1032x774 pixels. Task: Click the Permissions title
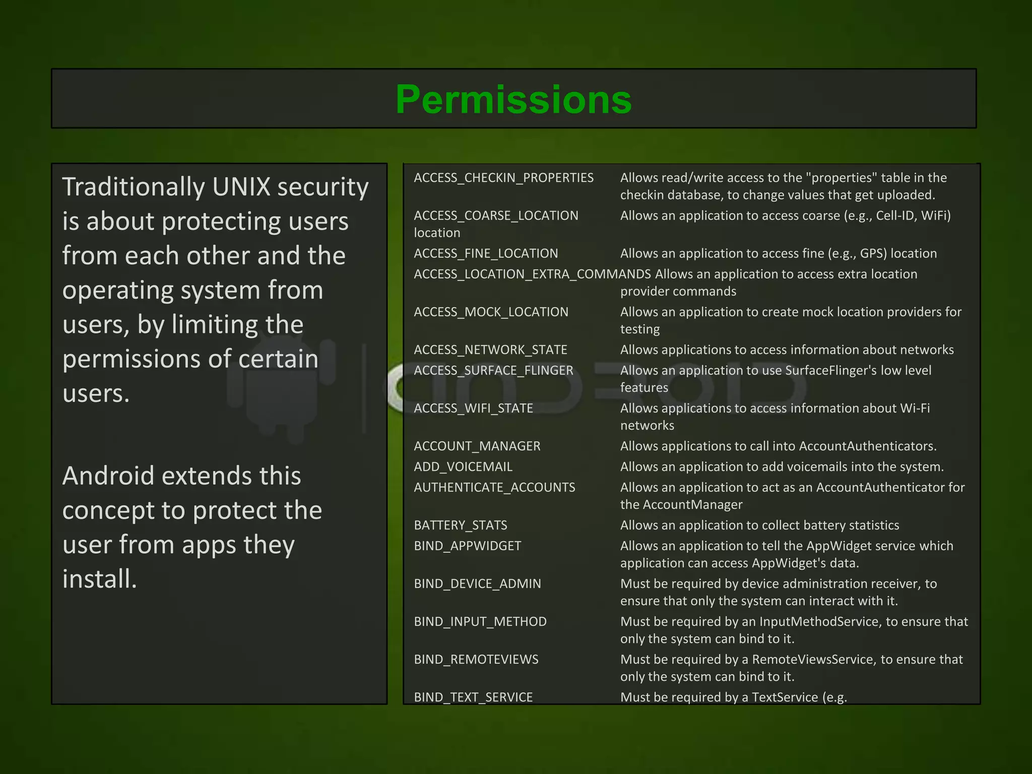(x=513, y=99)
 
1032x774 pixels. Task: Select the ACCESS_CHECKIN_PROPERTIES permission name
(x=503, y=178)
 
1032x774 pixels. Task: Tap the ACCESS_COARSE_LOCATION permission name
(x=496, y=216)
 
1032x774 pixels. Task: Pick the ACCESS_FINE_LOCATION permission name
(x=486, y=253)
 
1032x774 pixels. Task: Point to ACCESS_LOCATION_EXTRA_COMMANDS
(x=532, y=274)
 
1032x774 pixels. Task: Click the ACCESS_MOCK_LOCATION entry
(x=491, y=312)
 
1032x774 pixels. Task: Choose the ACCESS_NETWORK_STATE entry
(x=490, y=350)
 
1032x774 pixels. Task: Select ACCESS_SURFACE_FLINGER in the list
(x=493, y=370)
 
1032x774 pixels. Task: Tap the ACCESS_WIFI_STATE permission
(x=473, y=408)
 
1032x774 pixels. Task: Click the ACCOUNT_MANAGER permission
(x=477, y=446)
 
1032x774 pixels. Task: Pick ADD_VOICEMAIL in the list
(x=463, y=467)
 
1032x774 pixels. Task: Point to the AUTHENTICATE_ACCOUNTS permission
(x=494, y=487)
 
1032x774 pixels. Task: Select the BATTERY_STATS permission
(x=461, y=525)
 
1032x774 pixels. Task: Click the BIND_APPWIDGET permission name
(x=468, y=546)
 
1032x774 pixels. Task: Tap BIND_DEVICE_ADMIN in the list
(x=477, y=584)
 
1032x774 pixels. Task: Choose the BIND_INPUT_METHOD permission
(x=480, y=621)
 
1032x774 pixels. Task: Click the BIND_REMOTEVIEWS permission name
(x=476, y=659)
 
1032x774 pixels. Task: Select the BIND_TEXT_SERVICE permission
(x=473, y=697)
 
